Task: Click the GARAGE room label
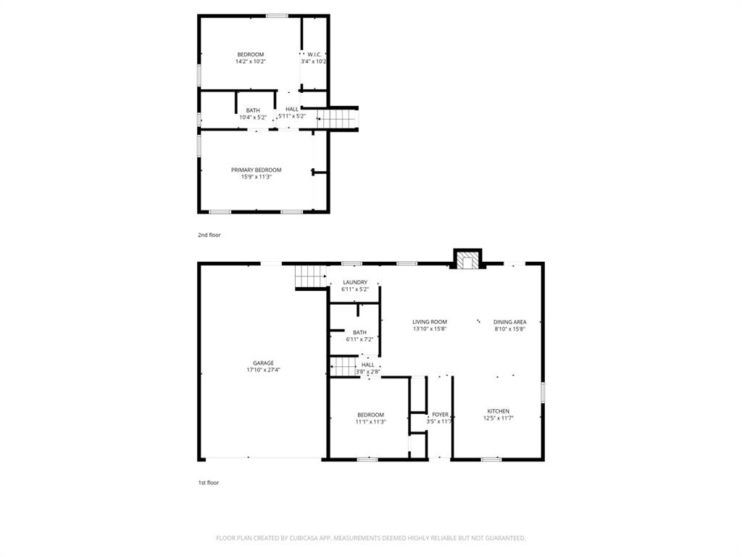point(263,363)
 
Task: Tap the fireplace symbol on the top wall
point(468,260)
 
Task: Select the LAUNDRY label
point(355,282)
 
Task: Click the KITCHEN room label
point(498,411)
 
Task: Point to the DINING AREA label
point(509,322)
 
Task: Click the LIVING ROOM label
point(430,322)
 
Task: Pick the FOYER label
point(440,414)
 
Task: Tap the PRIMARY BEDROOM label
point(257,170)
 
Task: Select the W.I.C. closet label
point(314,54)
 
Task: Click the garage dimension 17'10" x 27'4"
point(263,370)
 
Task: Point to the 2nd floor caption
point(209,235)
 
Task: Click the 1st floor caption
point(209,482)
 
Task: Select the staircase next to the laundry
point(310,276)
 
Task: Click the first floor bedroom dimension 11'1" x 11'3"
point(370,421)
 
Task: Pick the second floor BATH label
point(253,110)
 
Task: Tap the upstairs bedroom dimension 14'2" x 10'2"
point(251,62)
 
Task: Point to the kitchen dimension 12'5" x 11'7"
point(498,418)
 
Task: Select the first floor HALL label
point(368,364)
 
